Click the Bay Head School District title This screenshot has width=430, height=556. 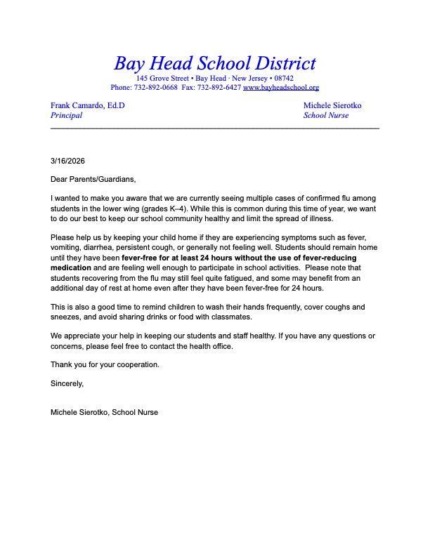(215, 63)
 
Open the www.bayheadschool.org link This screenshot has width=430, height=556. (281, 88)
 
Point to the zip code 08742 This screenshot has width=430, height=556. (283, 78)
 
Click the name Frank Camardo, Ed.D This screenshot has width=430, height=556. (88, 105)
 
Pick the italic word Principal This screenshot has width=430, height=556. (67, 115)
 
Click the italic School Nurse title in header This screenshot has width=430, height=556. (325, 115)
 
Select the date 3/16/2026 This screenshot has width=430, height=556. (67, 161)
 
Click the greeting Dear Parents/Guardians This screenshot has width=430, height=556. (93, 180)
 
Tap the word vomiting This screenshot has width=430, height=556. (66, 248)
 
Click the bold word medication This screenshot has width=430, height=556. (71, 267)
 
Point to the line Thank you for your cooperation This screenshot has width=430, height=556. (105, 365)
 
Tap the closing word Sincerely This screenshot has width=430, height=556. (67, 384)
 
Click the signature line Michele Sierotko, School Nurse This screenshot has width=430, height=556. (104, 412)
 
